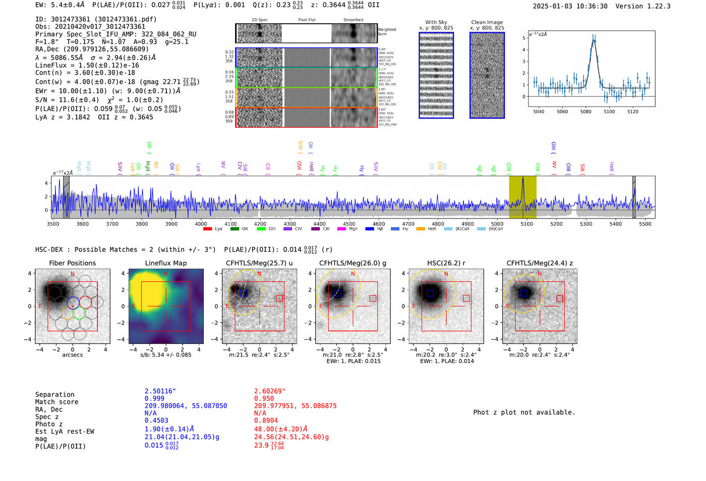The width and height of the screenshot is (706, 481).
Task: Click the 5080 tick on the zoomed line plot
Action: tap(585, 112)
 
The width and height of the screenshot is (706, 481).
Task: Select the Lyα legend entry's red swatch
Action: tap(207, 229)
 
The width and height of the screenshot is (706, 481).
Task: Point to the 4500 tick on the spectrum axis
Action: tap(349, 224)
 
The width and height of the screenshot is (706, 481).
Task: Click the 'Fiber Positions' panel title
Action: tap(72, 263)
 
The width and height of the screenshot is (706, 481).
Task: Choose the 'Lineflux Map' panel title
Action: tap(165, 263)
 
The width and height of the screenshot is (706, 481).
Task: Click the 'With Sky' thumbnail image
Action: tap(436, 75)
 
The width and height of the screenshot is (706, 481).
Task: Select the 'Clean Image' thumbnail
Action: tap(487, 75)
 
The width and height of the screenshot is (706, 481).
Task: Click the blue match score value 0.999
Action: tap(154, 398)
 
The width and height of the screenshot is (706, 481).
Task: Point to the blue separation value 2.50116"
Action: tap(160, 391)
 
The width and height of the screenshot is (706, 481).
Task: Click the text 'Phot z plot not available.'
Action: tap(524, 412)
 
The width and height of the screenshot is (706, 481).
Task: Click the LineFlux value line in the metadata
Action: tap(87, 65)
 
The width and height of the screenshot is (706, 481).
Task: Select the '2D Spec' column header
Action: tap(260, 20)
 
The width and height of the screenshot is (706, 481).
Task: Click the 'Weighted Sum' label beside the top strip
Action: tap(387, 32)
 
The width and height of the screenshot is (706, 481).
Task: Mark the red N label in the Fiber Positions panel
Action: tap(73, 274)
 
